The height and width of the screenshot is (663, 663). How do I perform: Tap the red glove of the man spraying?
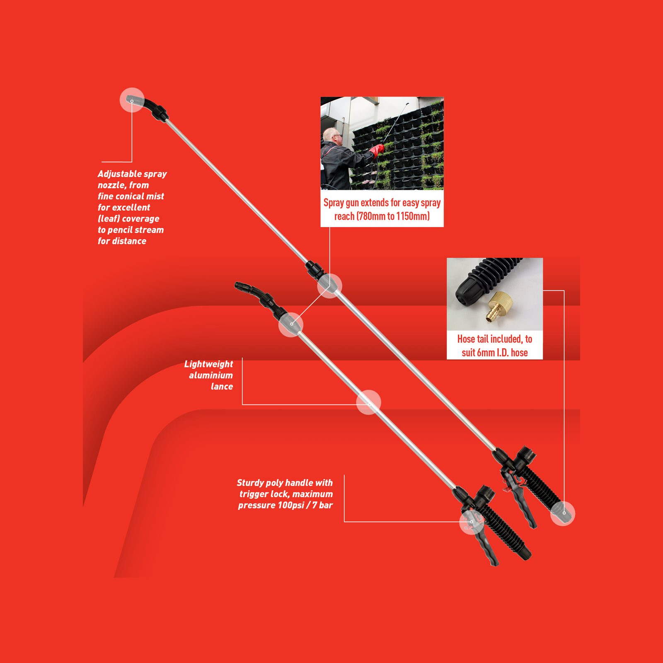(x=377, y=150)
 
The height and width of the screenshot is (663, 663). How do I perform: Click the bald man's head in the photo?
(x=332, y=136)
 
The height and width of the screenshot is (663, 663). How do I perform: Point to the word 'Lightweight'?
(x=208, y=364)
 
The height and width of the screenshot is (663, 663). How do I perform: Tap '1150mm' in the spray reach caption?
(x=413, y=216)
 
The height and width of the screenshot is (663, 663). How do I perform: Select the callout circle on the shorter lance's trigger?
(x=472, y=522)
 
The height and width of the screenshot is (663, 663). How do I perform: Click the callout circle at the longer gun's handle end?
(x=563, y=513)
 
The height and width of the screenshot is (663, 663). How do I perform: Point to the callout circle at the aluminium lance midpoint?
(x=368, y=402)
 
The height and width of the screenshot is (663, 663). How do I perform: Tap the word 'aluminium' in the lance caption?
(x=211, y=375)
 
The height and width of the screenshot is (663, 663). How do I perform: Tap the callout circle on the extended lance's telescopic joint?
(x=329, y=286)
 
